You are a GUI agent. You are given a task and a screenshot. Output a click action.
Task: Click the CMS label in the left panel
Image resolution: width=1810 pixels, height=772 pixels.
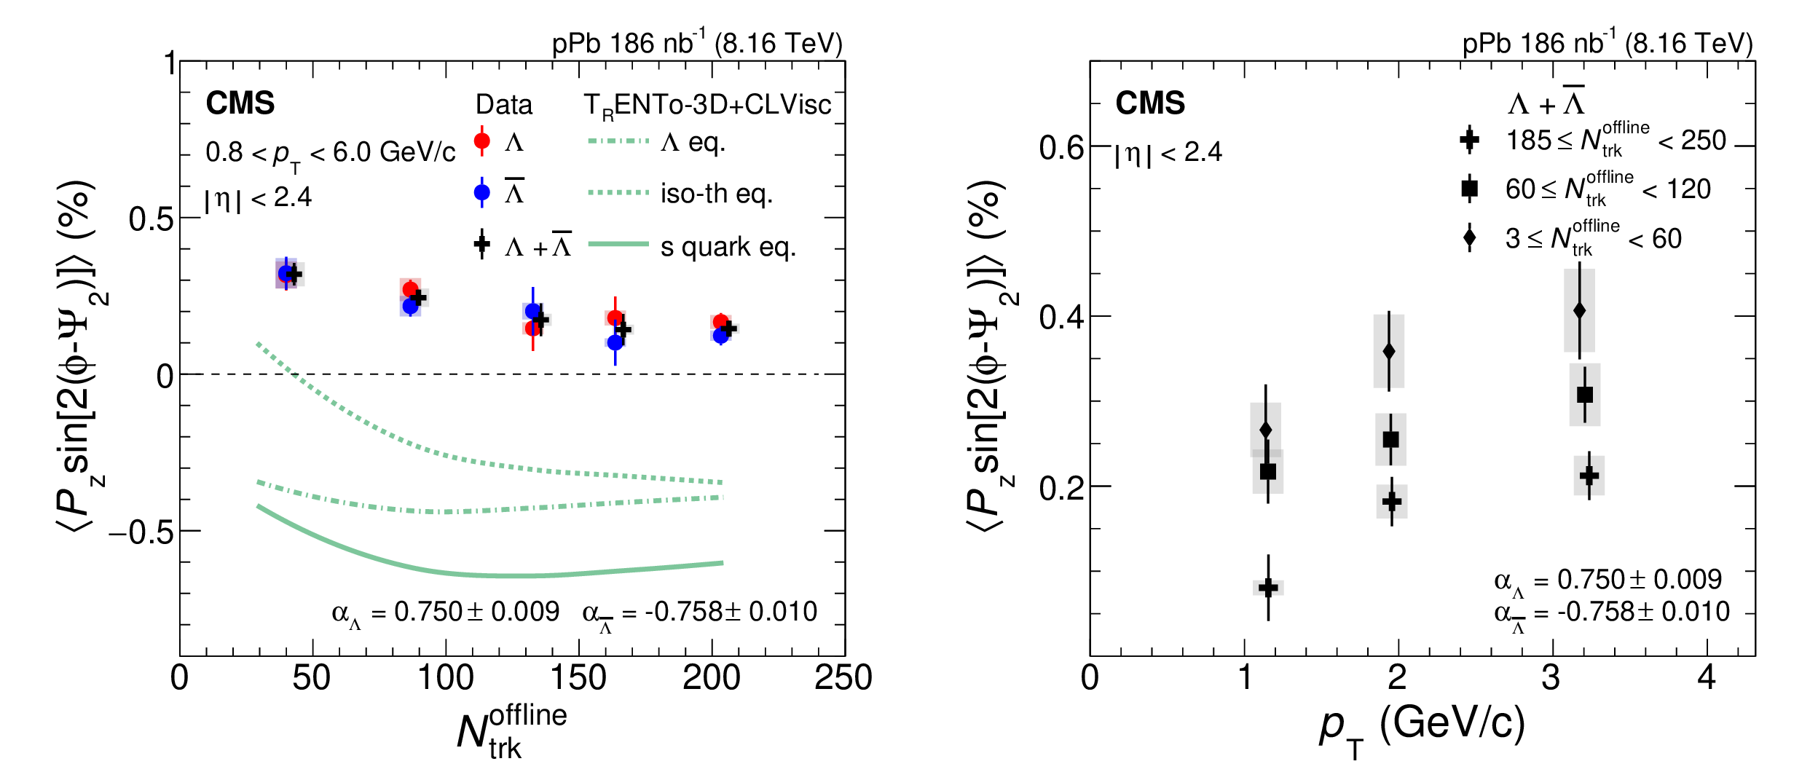(240, 103)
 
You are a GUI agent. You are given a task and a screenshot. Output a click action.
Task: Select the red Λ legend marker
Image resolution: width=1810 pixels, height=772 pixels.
(481, 141)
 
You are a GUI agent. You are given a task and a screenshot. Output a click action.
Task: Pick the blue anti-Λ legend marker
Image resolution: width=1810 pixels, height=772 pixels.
(481, 192)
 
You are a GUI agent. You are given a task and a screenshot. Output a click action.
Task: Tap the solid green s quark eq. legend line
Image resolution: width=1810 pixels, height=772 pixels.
(618, 244)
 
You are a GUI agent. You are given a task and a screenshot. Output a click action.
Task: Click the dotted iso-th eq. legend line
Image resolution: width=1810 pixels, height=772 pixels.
(618, 192)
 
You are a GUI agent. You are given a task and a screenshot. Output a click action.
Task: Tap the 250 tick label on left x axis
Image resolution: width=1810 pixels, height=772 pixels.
(843, 678)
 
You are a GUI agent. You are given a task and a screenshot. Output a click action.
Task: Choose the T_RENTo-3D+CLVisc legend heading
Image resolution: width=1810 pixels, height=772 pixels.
(707, 106)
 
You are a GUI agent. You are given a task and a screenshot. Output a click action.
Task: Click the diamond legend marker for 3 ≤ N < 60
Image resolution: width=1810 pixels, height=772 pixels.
(1470, 238)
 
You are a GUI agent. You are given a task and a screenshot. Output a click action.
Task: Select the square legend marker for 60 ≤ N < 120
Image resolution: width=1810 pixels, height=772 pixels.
(1470, 189)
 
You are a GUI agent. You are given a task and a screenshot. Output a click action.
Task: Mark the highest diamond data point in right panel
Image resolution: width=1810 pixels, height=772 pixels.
(1579, 310)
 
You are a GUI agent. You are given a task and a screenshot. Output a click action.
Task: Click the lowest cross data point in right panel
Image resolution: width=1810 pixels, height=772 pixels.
(1268, 587)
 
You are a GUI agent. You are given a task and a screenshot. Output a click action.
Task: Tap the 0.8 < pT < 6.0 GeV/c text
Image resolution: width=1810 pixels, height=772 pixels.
(330, 153)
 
